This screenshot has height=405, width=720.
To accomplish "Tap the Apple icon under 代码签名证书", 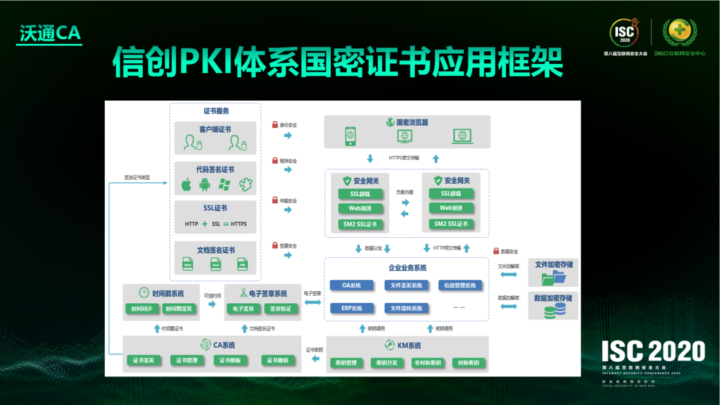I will point(187,185).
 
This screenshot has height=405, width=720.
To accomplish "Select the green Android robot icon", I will point(205,185).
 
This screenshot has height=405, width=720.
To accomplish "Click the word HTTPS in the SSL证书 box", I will point(238,224).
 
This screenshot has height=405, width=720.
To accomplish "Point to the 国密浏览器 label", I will point(412,123).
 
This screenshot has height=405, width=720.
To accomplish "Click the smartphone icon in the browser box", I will point(351,137).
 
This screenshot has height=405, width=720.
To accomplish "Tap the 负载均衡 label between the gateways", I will point(405,193).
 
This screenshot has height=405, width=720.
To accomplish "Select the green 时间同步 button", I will point(141,309).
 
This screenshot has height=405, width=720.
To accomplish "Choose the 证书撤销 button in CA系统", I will point(277,360).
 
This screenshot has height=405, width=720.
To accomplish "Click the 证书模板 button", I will point(231,360).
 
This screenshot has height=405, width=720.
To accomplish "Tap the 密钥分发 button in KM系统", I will point(387,363).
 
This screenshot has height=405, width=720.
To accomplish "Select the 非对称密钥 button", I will point(427,363).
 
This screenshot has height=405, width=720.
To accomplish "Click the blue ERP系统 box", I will point(352,308).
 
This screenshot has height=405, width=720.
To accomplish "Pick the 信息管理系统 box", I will point(461,286).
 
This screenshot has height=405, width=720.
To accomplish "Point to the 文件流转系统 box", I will point(407,308).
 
